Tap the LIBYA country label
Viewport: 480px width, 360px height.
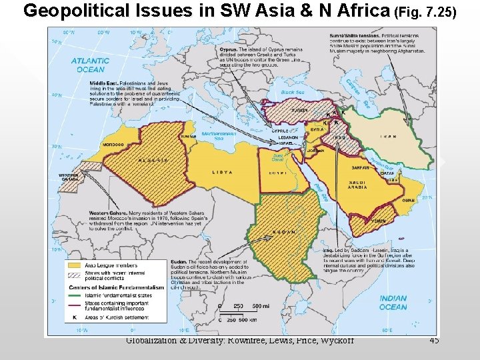point(223,172)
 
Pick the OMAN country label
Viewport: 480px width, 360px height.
point(409,200)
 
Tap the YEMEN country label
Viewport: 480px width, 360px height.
point(379,220)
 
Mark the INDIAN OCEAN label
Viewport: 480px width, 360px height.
point(392,303)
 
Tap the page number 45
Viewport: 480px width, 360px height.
point(434,341)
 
